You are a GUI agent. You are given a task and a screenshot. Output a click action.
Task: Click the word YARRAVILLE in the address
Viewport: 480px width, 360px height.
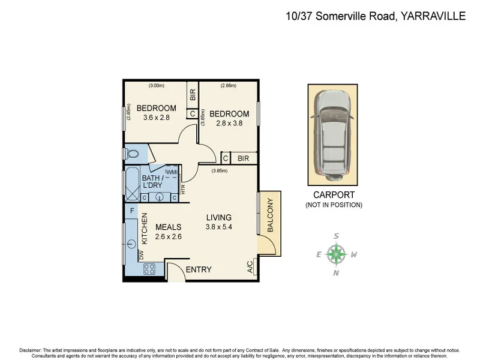(432, 16)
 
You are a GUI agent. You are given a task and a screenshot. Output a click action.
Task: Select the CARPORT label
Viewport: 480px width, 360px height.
(334, 195)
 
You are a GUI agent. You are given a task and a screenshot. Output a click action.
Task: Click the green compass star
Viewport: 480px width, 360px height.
(337, 254)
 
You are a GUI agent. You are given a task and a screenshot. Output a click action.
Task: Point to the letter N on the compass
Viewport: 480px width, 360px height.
(337, 273)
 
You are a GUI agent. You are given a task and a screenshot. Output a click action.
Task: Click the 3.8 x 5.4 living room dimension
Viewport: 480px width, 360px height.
(218, 227)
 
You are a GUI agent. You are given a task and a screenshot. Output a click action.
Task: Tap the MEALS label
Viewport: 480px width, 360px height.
(168, 227)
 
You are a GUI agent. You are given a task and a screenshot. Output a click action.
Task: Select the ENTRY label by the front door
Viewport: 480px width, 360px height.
(198, 269)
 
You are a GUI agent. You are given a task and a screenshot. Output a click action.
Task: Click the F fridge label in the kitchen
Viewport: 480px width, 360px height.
(131, 211)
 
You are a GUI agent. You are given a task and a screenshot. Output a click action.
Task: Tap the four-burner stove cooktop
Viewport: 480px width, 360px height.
(149, 269)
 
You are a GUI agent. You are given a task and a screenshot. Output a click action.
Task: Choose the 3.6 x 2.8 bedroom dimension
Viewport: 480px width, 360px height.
(156, 118)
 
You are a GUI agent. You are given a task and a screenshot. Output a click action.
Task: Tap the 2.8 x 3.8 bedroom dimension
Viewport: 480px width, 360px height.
(229, 124)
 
